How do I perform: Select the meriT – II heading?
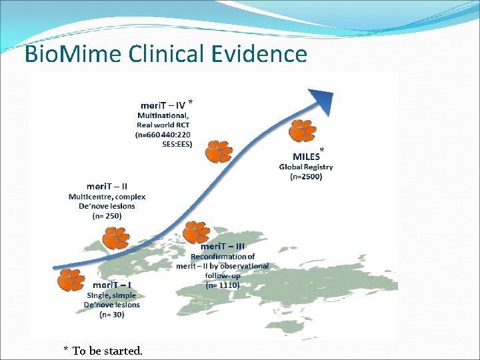coord(107,185)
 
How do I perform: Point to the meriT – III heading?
coord(223,246)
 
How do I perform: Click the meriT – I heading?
coord(111,284)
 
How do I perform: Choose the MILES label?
coord(306,157)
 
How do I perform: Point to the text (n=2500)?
coord(306,177)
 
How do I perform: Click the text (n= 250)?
coord(107,216)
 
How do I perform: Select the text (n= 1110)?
coord(223,285)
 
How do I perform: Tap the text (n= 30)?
coord(111,315)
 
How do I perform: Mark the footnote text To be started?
coord(107,350)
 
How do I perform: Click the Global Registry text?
coord(306,167)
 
